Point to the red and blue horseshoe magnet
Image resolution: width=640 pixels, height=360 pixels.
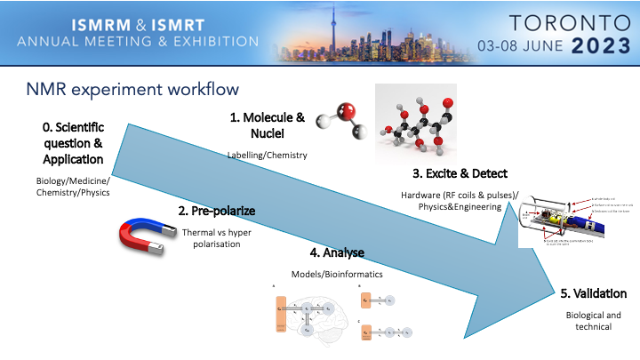pos(143,236)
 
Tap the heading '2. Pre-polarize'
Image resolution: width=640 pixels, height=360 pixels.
pos(216,212)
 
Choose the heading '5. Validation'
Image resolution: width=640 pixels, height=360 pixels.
pos(594,293)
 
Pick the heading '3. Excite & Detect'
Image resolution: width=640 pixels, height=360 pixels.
pos(455,172)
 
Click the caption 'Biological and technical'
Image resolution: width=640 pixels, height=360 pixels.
pos(594,321)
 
